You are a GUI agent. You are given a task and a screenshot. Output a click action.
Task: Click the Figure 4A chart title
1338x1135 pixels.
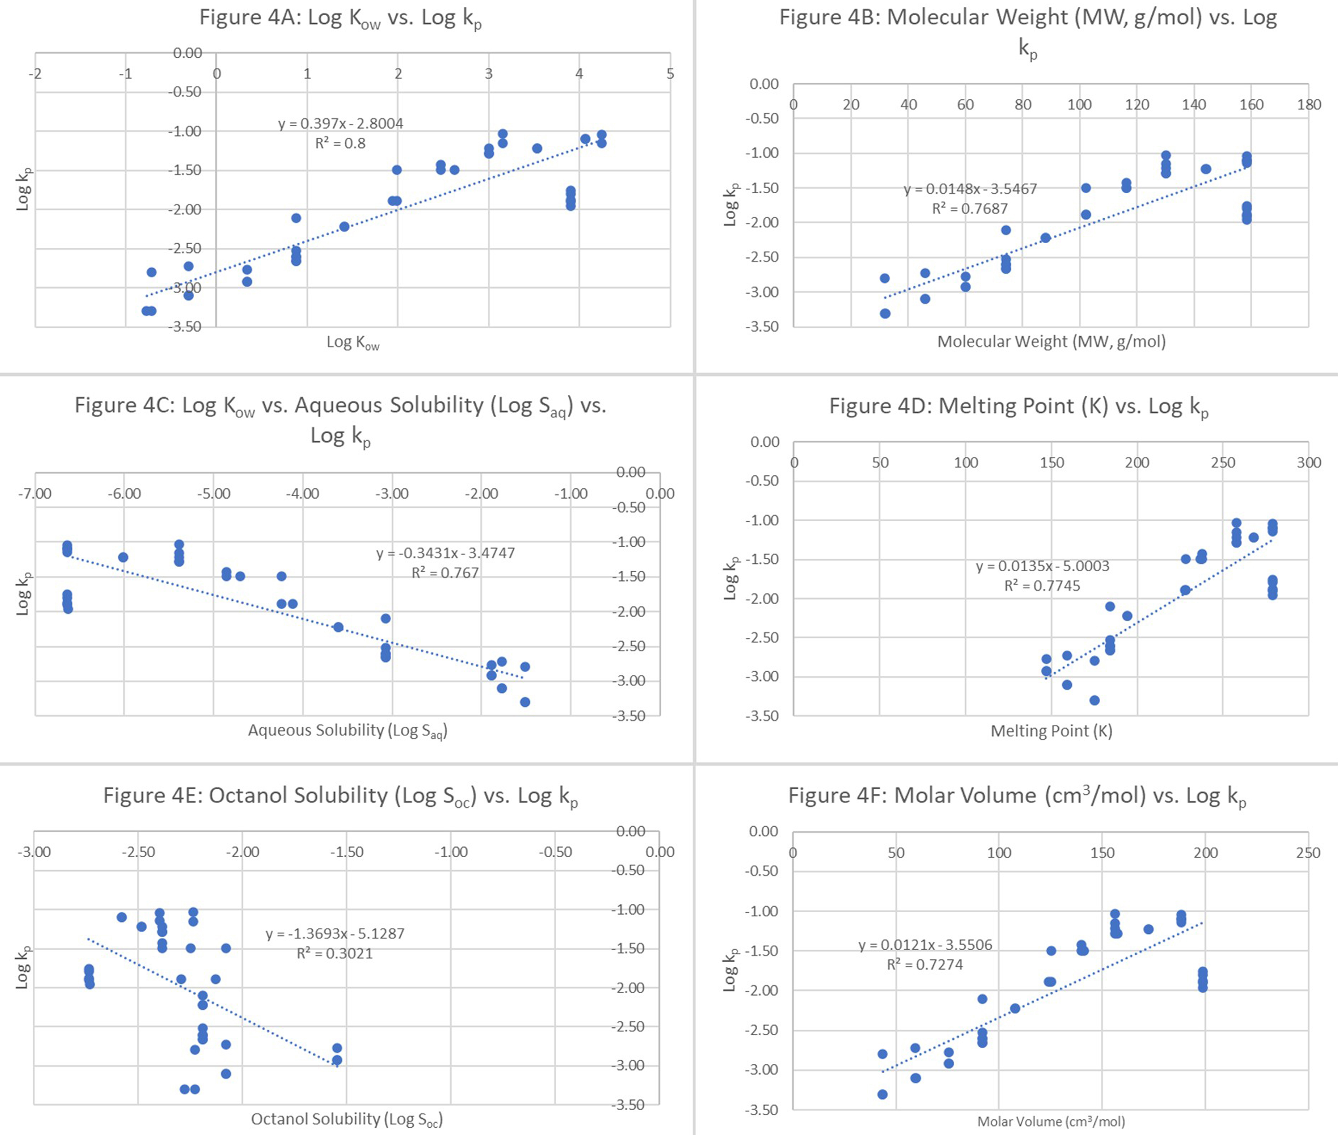pyautogui.click(x=340, y=18)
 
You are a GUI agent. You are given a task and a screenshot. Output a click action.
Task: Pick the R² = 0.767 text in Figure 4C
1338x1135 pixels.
pyautogui.click(x=445, y=573)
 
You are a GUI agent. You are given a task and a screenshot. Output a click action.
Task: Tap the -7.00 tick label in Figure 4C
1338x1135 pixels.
pyautogui.click(x=35, y=494)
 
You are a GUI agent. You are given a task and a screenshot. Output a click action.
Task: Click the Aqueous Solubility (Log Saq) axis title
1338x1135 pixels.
pyautogui.click(x=347, y=730)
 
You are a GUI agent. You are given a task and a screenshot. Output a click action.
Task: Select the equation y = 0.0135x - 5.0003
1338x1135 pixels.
pyautogui.click(x=1042, y=566)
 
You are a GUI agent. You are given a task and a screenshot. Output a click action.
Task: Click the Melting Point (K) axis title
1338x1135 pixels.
pyautogui.click(x=1051, y=731)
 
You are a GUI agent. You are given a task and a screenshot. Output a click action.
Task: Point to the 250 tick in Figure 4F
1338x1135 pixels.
pyautogui.click(x=1308, y=852)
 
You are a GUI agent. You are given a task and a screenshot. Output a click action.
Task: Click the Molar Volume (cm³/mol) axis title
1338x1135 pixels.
pyautogui.click(x=1051, y=1121)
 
